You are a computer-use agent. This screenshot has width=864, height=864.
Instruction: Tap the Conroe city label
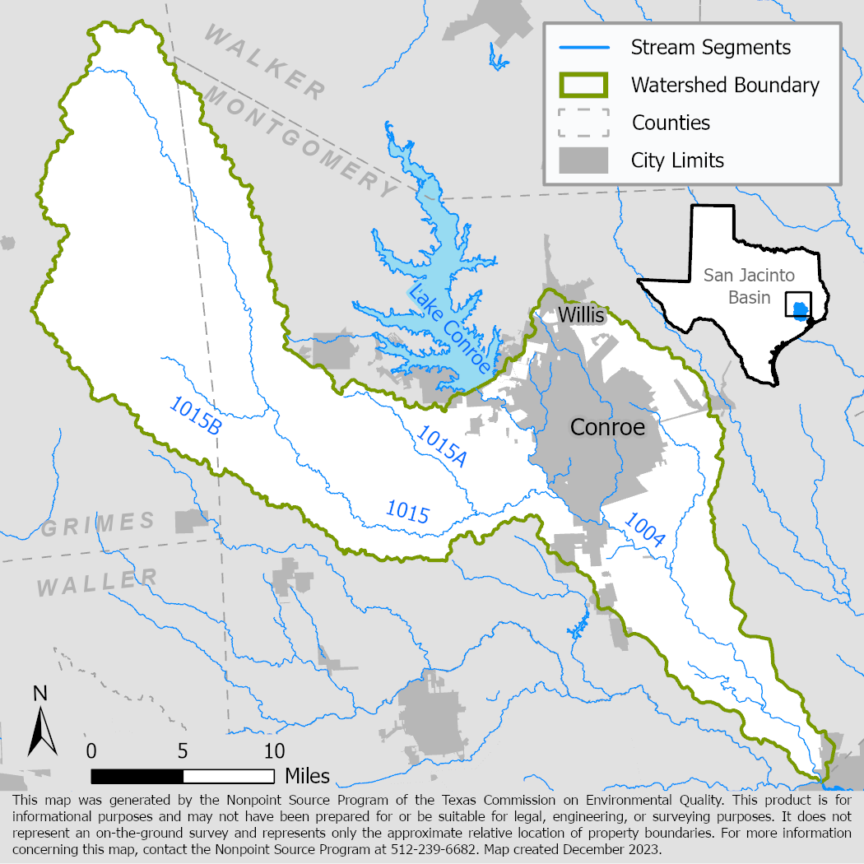coord(607,427)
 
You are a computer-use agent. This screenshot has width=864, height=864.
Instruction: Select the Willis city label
coord(581,315)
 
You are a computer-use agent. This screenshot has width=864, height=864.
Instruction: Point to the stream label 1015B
coord(195,415)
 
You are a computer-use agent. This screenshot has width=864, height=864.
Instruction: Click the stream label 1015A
coord(442,447)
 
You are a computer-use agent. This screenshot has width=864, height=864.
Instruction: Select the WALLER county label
coord(97,583)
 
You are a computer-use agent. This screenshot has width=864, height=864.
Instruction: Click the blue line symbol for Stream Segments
coord(583,47)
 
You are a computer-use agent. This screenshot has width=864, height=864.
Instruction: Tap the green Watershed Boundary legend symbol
coord(583,85)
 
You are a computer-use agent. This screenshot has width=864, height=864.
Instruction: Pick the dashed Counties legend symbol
coord(583,123)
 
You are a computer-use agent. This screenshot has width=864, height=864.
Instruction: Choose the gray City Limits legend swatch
coord(583,160)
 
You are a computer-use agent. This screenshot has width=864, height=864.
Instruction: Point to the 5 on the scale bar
coord(183,751)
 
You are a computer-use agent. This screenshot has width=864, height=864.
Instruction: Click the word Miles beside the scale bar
coord(307,776)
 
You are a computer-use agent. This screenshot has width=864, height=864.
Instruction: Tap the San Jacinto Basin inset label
coord(736,286)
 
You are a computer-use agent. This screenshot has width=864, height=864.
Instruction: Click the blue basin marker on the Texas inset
coord(799,309)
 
